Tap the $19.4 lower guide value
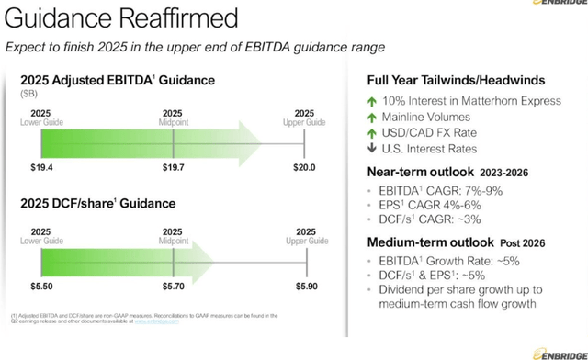coord(36,168)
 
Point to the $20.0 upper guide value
coord(302,168)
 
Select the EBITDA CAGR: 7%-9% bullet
coord(432,190)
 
